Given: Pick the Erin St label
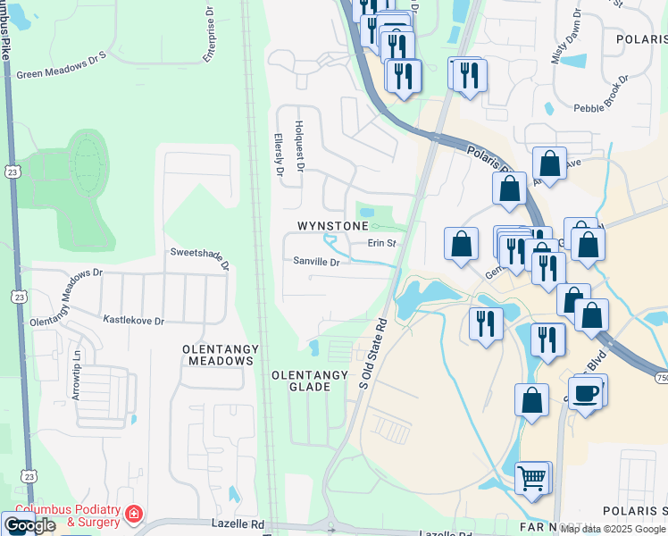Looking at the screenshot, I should coord(381,243).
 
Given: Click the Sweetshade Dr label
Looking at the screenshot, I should coord(200,258).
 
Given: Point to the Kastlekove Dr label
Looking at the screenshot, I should coord(134,320).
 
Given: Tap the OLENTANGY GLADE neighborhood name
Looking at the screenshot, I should coord(301,381).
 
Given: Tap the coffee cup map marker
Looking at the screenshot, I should coord(586,393).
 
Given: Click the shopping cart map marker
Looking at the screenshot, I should coord(531,479).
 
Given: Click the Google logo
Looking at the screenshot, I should coord(29,525).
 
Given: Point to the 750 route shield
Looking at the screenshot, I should coord(662,379).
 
